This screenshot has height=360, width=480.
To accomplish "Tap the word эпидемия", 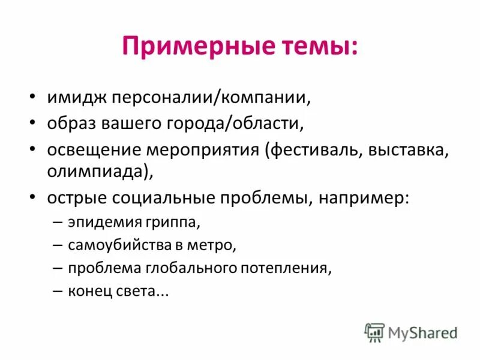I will [103, 223].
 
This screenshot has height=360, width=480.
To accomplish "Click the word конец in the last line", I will [88, 290].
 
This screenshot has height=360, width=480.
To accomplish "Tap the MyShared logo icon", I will [374, 332].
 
